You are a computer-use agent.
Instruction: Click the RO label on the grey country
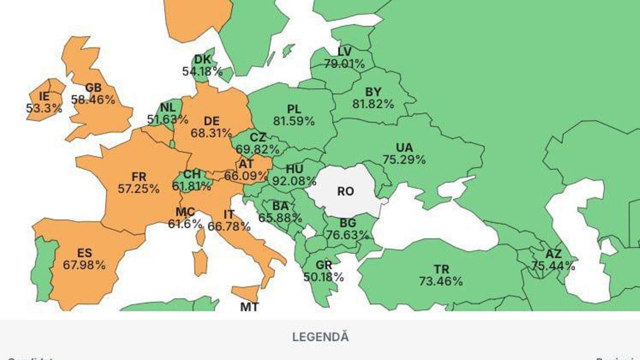tap(345, 191)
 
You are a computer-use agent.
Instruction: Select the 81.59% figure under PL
tap(293, 121)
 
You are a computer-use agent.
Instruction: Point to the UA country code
tap(404, 147)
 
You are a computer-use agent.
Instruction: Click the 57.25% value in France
tap(139, 188)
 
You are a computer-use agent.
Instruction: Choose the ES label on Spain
tap(84, 253)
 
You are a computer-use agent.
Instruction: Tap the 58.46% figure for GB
tap(93, 100)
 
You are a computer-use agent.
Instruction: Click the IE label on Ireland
tap(44, 97)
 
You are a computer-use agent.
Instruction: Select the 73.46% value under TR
tap(441, 282)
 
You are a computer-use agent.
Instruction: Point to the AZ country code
tap(553, 254)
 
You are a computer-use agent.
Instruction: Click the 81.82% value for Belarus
tap(373, 105)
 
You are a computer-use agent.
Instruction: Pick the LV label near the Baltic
tap(345, 52)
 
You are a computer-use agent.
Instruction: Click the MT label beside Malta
tap(249, 307)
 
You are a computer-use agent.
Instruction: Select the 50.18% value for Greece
tap(324, 277)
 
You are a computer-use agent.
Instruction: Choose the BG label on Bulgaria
tap(349, 223)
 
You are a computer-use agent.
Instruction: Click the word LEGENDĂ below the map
tap(320, 337)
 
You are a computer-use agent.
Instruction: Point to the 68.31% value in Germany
tap(211, 132)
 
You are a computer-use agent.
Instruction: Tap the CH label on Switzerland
tap(191, 174)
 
